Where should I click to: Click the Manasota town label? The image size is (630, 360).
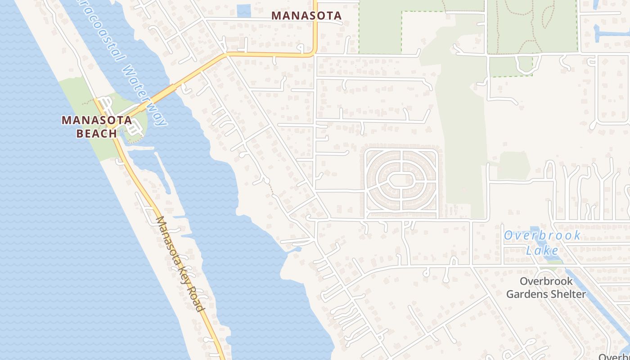click(307, 16)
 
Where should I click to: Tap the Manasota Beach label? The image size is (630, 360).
click(97, 126)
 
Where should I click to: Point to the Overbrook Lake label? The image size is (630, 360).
click(542, 243)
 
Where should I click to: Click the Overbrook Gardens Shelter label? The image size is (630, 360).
click(546, 288)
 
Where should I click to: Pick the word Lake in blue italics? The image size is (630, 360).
click(542, 250)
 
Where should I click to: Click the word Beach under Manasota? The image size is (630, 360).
click(97, 133)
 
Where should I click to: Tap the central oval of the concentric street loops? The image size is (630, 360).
click(401, 180)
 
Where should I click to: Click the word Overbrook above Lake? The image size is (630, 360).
click(542, 235)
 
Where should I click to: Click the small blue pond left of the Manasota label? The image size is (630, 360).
click(243, 10)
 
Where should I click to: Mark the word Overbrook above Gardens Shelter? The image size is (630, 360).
click(546, 281)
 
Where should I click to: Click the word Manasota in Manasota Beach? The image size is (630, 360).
click(97, 120)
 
